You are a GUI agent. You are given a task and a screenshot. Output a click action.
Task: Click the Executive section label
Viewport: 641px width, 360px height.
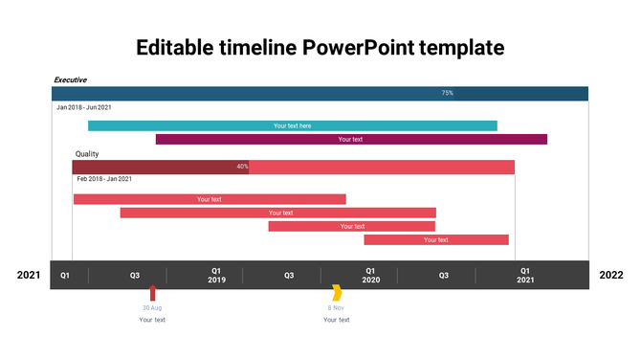click(70, 79)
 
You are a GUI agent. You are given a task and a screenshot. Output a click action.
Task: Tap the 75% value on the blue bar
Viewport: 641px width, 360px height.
click(447, 93)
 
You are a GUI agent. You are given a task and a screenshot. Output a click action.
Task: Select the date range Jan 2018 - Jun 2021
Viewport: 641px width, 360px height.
click(84, 107)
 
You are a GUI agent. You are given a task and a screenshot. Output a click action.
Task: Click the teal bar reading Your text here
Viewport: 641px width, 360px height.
click(293, 125)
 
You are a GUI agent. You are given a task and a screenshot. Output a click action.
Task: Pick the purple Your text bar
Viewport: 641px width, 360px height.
click(351, 139)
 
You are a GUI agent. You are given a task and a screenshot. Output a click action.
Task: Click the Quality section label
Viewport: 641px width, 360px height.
click(87, 153)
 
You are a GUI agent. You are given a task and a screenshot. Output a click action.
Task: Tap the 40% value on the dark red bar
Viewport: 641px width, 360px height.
click(242, 167)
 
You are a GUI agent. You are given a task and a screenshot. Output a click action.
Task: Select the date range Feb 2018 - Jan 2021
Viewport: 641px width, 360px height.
click(104, 179)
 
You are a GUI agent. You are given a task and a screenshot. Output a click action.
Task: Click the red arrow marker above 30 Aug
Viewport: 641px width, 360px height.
click(152, 292)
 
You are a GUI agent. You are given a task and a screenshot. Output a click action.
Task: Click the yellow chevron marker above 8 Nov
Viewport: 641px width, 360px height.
click(337, 292)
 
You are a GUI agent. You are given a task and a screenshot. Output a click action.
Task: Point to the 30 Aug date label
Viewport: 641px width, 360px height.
click(152, 307)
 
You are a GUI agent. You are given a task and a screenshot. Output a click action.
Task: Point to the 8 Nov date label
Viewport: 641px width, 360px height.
click(336, 307)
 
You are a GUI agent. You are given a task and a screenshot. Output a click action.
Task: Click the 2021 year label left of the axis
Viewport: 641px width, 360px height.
click(29, 275)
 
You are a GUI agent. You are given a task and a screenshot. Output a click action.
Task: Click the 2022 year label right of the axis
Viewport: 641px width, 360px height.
click(610, 275)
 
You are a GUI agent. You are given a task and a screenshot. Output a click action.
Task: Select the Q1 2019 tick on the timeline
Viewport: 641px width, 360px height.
click(217, 275)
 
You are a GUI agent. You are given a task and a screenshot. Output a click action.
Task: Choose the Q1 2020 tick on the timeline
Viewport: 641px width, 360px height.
click(370, 275)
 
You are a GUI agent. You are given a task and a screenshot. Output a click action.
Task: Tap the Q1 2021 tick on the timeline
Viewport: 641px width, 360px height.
click(525, 275)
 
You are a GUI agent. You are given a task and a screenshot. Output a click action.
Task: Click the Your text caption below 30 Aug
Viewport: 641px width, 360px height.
click(152, 320)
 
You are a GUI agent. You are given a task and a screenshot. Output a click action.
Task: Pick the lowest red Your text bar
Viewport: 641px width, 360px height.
click(436, 239)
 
